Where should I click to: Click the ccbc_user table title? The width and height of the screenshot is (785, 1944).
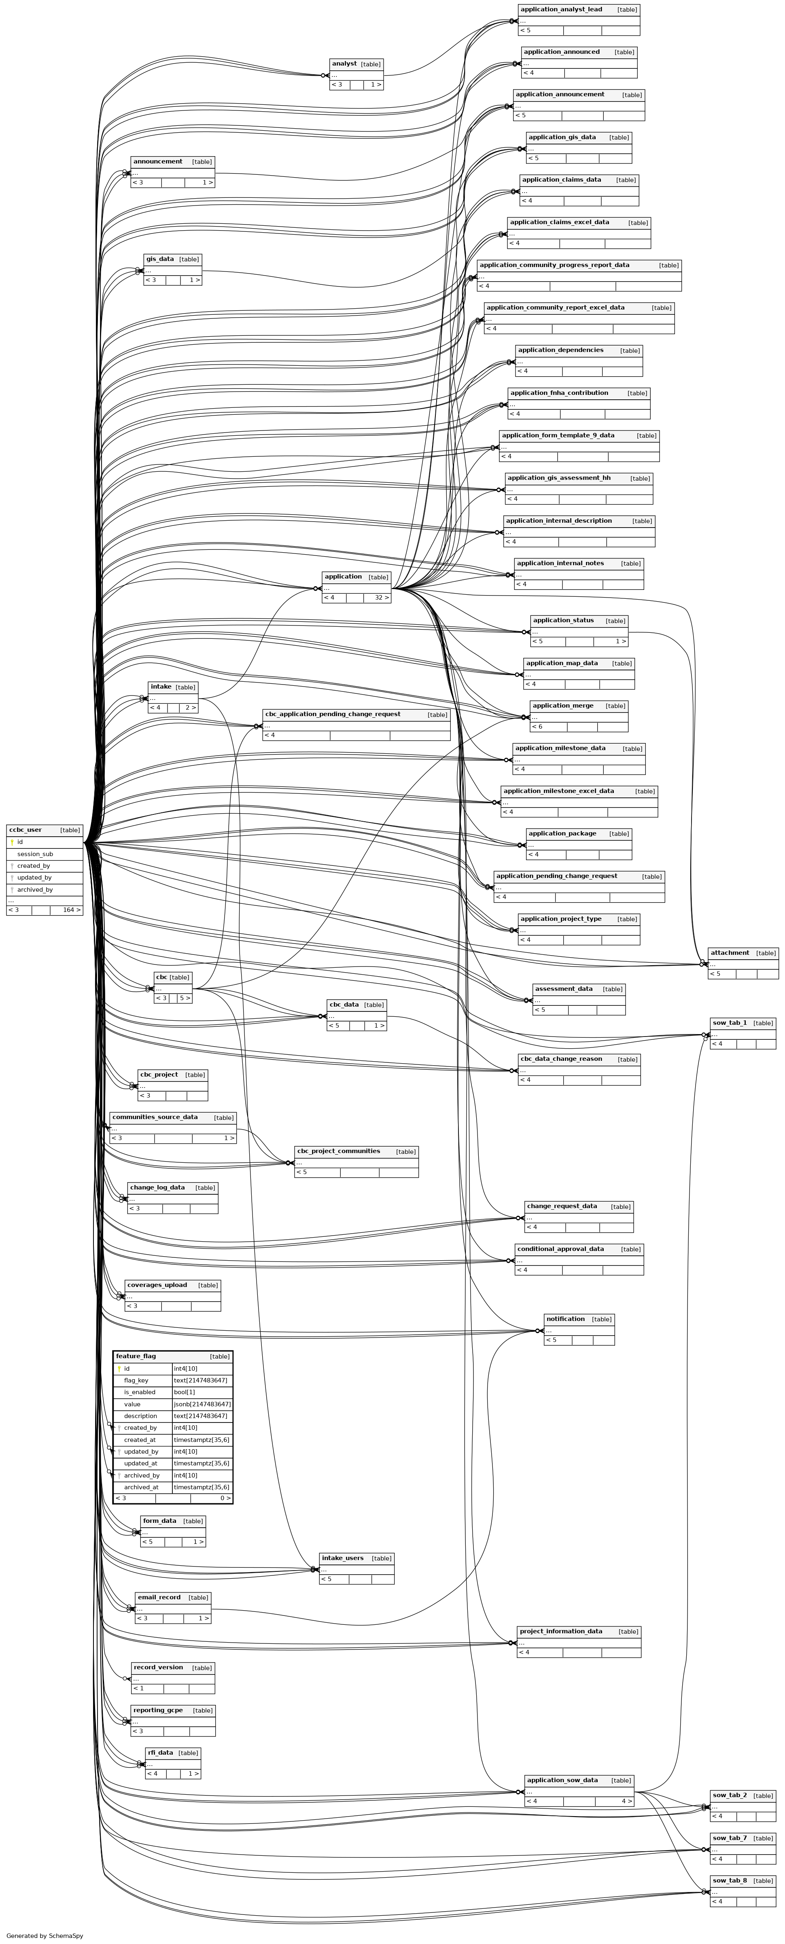click(25, 830)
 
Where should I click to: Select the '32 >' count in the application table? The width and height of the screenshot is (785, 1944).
click(382, 598)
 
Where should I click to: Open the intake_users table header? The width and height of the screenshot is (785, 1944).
click(343, 1558)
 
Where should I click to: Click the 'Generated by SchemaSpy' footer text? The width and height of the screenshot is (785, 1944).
click(45, 1936)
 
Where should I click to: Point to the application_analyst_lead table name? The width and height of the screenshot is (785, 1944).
click(562, 9)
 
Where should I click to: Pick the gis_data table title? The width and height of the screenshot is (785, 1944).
click(160, 259)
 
